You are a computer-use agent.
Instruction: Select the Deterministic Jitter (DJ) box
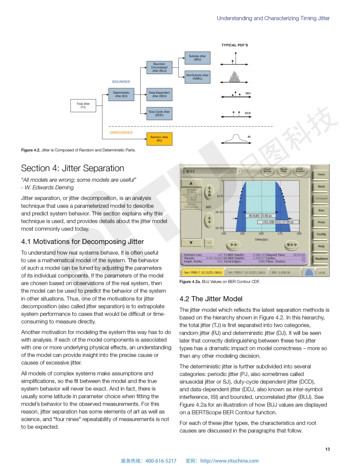tap(121, 94)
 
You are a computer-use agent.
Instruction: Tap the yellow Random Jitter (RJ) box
tap(159, 139)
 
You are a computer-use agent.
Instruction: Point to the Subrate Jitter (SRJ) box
tap(197, 57)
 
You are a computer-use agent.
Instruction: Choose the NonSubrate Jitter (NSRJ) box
tap(197, 77)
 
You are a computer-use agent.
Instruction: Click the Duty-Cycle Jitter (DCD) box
tap(159, 113)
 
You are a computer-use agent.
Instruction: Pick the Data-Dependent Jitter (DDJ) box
tap(159, 94)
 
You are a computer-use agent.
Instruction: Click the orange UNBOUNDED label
tap(120, 132)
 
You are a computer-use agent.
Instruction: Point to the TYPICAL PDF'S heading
tap(234, 45)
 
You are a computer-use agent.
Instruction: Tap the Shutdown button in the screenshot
tap(321, 259)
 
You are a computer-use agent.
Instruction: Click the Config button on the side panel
tap(321, 234)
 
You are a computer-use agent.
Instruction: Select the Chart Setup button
tap(267, 170)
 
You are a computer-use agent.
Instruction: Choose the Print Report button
tap(300, 170)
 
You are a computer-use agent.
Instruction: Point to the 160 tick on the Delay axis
tap(261, 233)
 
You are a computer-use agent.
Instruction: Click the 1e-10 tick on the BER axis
tap(218, 212)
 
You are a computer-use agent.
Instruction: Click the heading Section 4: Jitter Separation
tap(72, 168)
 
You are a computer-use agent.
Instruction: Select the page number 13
tap(327, 449)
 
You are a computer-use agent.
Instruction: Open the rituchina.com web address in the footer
tap(229, 461)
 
